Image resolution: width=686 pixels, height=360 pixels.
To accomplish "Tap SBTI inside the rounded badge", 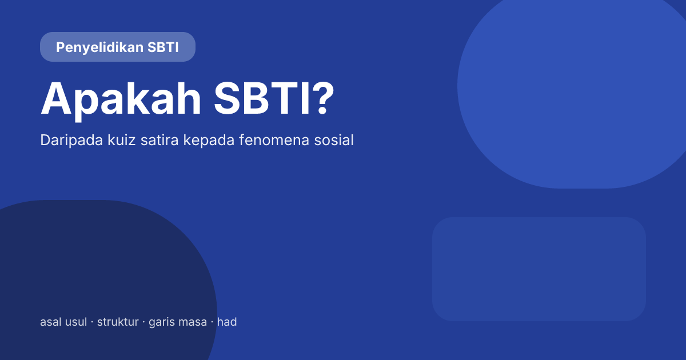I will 163,47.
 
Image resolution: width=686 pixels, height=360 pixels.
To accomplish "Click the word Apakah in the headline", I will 121,98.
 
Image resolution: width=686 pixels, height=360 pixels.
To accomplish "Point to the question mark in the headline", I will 322,98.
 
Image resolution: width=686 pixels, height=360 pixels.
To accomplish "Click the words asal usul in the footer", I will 63,322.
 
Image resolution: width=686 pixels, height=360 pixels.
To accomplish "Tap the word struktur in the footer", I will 118,322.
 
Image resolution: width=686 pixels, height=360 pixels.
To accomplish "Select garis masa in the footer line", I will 178,322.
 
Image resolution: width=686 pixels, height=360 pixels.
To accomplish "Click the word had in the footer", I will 227,322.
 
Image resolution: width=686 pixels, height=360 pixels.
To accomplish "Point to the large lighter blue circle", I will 572,86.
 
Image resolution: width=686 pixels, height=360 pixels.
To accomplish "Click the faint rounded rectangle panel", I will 539,269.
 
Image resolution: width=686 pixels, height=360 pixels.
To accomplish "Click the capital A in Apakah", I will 55,98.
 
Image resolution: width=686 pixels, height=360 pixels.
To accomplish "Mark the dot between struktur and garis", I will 143,323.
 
